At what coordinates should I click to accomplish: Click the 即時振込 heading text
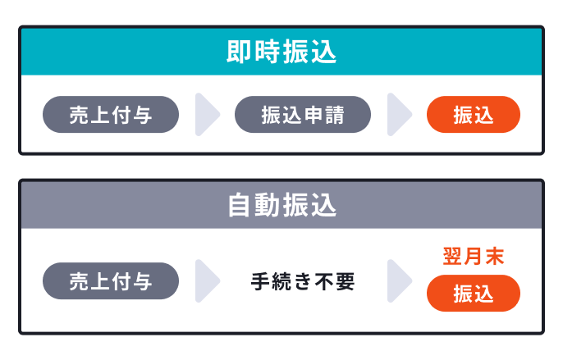pos(281,52)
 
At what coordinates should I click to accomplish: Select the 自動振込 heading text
pos(281,205)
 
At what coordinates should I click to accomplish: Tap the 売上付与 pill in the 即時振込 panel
pos(111,115)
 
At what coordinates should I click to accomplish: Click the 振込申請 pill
pos(303,115)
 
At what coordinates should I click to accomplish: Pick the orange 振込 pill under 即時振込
pos(474,115)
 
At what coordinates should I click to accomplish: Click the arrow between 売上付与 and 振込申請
pos(208,115)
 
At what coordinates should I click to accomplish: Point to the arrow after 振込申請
pos(399,115)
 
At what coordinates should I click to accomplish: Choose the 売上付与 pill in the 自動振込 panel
pos(111,281)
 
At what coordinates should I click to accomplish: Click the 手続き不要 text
pos(303,282)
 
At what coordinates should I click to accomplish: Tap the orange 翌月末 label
pos(474,256)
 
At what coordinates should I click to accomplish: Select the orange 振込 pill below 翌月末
pos(474,294)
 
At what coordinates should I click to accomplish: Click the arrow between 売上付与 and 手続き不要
pos(208,281)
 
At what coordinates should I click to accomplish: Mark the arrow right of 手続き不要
pos(399,281)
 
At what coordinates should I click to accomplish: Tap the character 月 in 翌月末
pos(474,256)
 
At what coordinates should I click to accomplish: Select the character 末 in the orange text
pos(494,256)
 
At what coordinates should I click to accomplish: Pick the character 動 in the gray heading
pos(268,205)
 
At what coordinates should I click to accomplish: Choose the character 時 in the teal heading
pos(268,52)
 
